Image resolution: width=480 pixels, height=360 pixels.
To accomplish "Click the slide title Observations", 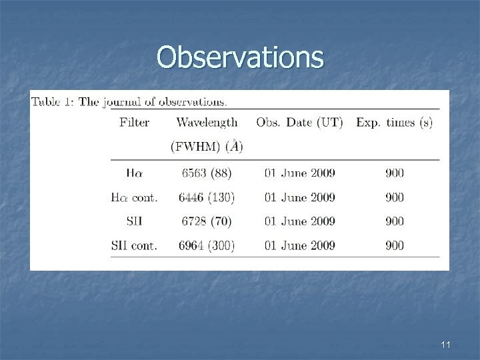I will click(x=240, y=58).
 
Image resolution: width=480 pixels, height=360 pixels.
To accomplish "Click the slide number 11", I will click(x=446, y=345).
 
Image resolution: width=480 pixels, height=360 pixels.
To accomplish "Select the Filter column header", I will click(x=134, y=122).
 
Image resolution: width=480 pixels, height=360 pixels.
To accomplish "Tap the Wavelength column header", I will click(x=207, y=122).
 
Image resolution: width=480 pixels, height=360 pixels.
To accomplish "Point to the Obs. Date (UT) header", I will click(x=299, y=122).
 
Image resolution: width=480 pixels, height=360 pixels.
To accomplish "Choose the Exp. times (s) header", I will click(x=394, y=122).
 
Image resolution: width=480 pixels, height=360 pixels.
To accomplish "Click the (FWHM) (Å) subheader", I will click(x=207, y=146).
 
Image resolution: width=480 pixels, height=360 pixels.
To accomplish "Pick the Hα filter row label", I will click(x=134, y=173).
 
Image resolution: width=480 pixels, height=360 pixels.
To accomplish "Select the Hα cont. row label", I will click(x=134, y=197).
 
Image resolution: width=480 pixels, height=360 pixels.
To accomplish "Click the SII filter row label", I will click(x=134, y=221).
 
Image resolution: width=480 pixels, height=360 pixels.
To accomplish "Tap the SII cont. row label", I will click(x=134, y=245).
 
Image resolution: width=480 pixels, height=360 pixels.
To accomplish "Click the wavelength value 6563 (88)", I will click(x=207, y=173).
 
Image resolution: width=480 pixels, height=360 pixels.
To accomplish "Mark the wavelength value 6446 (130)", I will click(x=207, y=197).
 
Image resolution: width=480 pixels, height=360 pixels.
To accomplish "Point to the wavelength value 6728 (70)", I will click(x=207, y=221).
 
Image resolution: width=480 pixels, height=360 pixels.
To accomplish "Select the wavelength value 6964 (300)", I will click(x=207, y=245).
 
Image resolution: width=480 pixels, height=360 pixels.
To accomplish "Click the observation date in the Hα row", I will click(x=300, y=173).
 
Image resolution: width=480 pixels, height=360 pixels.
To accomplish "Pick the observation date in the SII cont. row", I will click(x=300, y=245).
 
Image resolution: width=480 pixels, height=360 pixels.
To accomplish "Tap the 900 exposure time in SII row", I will click(x=394, y=221).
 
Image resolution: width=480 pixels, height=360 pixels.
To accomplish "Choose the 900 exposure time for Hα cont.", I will click(x=394, y=197).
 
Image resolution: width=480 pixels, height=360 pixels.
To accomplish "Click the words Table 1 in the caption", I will click(x=53, y=102).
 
